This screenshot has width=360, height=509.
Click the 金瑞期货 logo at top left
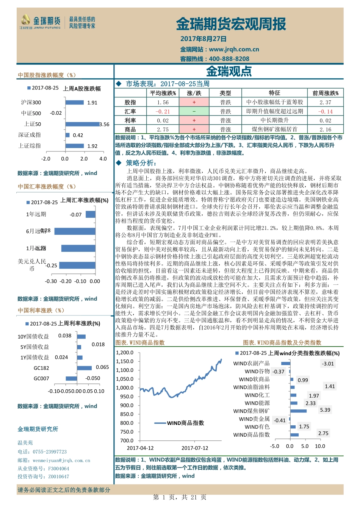click(40, 22)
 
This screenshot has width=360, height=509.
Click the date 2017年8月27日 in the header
click(203, 39)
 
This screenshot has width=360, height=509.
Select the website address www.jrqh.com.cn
click(234, 49)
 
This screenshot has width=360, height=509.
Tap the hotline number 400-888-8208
click(229, 59)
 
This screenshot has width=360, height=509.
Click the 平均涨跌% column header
click(163, 93)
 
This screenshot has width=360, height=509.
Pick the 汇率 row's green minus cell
click(194, 111)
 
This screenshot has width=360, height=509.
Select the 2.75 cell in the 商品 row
click(163, 130)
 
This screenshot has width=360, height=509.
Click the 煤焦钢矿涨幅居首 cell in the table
click(274, 130)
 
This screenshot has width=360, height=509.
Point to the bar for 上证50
click(82, 124)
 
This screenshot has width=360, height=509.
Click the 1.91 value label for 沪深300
click(92, 103)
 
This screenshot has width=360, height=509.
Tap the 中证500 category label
click(31, 113)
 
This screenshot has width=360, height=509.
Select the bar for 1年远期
click(91, 214)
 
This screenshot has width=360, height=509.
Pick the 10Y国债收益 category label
click(33, 336)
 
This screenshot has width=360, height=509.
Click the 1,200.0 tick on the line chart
click(125, 353)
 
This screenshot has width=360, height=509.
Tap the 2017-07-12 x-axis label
click(195, 448)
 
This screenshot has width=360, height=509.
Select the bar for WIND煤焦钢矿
click(299, 411)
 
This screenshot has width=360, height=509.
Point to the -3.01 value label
click(328, 364)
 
